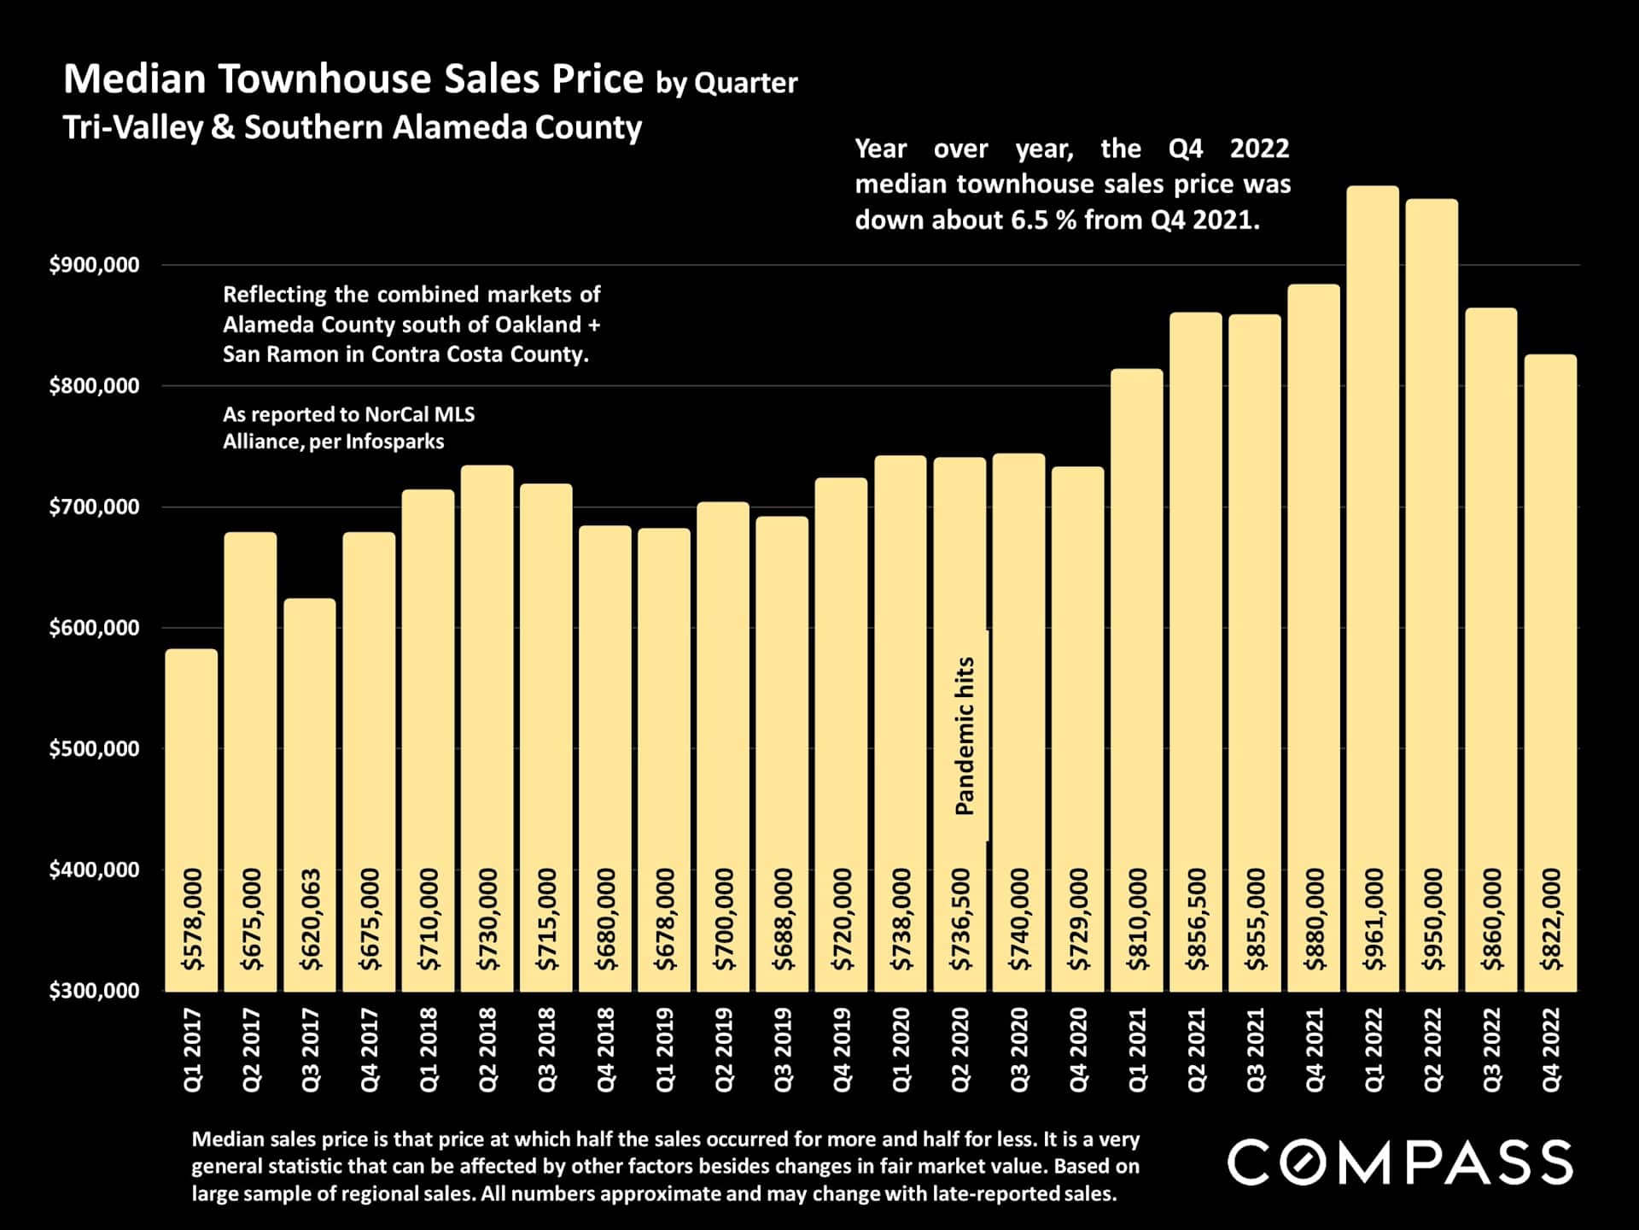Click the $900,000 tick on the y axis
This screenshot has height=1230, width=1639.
95,266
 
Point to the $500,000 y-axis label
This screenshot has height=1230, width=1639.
95,749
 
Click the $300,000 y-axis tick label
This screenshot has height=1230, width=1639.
95,991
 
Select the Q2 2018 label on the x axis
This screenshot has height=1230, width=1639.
487,1049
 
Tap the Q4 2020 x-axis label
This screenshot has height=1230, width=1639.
1078,1049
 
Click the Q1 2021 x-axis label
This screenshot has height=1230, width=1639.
1137,1049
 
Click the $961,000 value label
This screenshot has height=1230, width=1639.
1374,919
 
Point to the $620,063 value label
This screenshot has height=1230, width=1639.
311,919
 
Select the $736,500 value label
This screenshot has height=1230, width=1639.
961,919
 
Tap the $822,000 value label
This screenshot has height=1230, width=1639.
1551,919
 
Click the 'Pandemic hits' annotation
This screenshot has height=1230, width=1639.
965,735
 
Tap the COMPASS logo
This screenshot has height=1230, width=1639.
1400,1163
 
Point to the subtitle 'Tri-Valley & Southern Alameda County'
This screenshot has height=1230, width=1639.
352,127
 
